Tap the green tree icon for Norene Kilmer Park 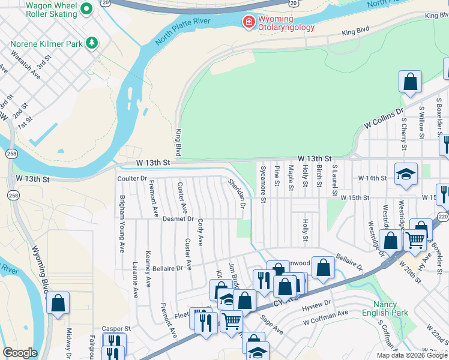tap(91, 43)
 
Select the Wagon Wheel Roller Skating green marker tap(86, 8)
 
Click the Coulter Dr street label tap(132, 179)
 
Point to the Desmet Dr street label tap(176, 219)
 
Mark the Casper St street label tap(116, 329)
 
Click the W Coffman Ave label tap(326, 313)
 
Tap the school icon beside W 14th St tap(406, 174)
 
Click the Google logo tap(20, 353)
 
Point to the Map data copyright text tap(412, 355)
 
